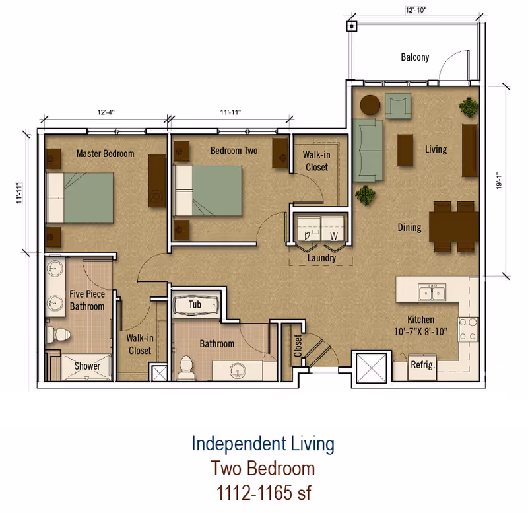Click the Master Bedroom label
105,154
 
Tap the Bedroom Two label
234,151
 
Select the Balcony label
415,57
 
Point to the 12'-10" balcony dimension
416,10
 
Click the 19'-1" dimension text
499,181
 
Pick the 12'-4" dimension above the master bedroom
106,112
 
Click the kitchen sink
432,291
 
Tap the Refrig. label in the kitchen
422,365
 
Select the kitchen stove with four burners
468,329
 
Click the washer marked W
333,228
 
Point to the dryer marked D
309,228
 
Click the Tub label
195,304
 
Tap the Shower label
87,366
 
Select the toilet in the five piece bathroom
58,334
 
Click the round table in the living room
370,105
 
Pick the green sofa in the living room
368,150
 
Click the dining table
454,226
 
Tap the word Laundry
321,258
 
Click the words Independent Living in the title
263,444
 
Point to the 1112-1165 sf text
263,493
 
